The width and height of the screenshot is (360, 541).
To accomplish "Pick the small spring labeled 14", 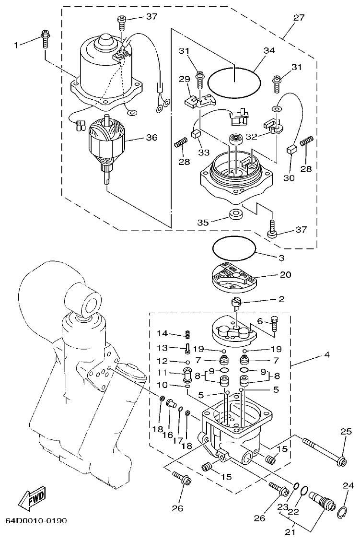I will (x=188, y=334).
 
